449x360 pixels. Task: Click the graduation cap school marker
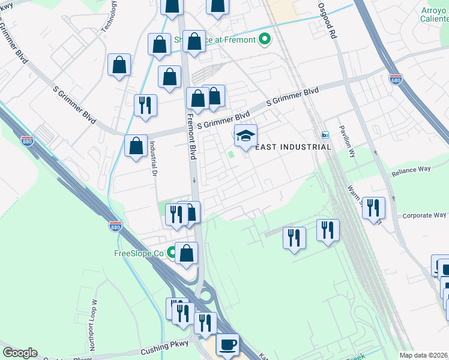pos(245,136)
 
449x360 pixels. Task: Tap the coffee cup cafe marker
pos(228,345)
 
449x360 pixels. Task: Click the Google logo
pos(20,353)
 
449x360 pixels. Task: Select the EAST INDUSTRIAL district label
pos(294,147)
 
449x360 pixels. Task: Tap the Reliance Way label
pos(411,170)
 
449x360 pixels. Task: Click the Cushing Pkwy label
pos(164,344)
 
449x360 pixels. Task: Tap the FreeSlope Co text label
pos(139,254)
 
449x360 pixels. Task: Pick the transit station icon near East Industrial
pos(325,135)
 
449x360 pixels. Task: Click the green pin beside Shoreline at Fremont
pos(265,40)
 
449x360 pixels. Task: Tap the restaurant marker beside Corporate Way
pos(374,208)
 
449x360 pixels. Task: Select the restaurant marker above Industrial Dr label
pos(145,106)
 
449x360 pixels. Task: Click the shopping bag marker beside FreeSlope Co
pos(186,253)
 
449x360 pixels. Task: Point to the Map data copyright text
pos(423,355)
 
